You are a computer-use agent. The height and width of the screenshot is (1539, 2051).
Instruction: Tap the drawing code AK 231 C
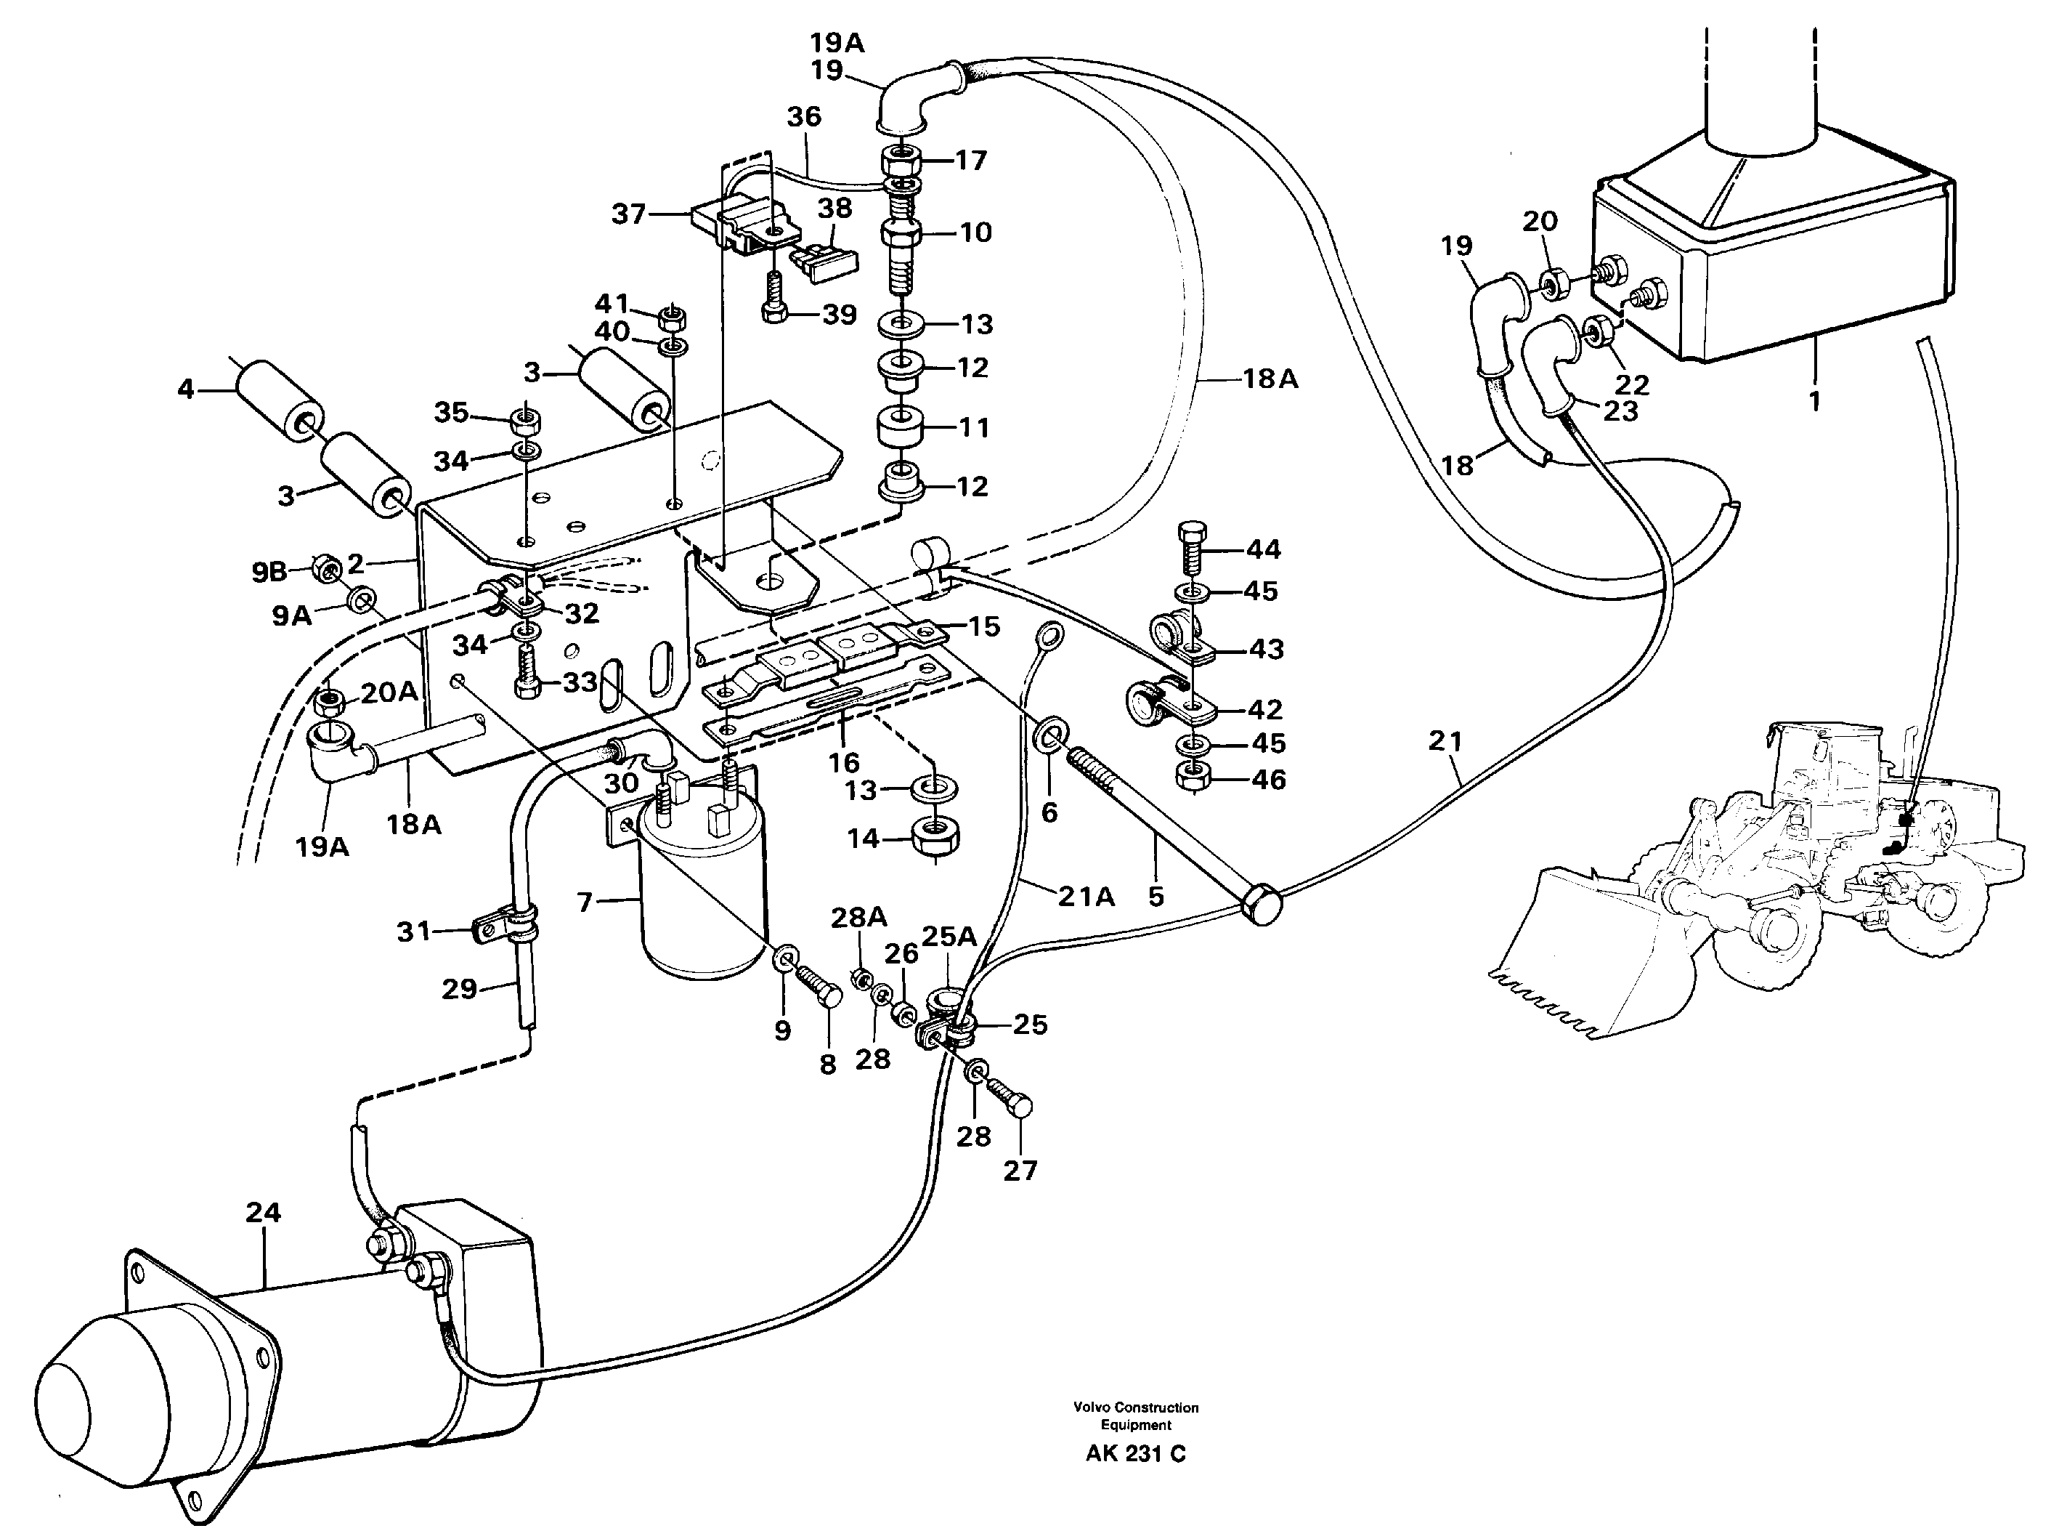[x=1135, y=1454]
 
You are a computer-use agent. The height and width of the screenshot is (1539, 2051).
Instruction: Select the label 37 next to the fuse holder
[x=628, y=214]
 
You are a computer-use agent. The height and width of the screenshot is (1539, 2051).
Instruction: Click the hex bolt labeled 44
[x=1192, y=546]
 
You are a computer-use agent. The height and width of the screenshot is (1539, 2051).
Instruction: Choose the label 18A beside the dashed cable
[x=1270, y=379]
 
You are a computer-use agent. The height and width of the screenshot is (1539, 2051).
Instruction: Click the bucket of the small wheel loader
[x=1576, y=965]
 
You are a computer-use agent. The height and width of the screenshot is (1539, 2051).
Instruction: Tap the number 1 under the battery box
[x=1814, y=401]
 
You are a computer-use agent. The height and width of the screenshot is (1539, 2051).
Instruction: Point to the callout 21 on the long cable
[x=1445, y=740]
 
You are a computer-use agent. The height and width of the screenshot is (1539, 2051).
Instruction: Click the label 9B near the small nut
[x=269, y=573]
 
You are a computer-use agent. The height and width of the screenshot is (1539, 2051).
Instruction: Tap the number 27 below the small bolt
[x=1020, y=1171]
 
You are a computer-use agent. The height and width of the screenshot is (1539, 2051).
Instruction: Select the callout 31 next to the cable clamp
[x=413, y=931]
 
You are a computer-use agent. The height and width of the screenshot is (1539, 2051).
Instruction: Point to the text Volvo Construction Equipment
[x=1135, y=1415]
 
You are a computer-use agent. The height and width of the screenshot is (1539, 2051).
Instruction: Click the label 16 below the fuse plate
[x=844, y=762]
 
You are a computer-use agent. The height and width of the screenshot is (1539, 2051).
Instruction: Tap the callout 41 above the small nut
[x=611, y=303]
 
